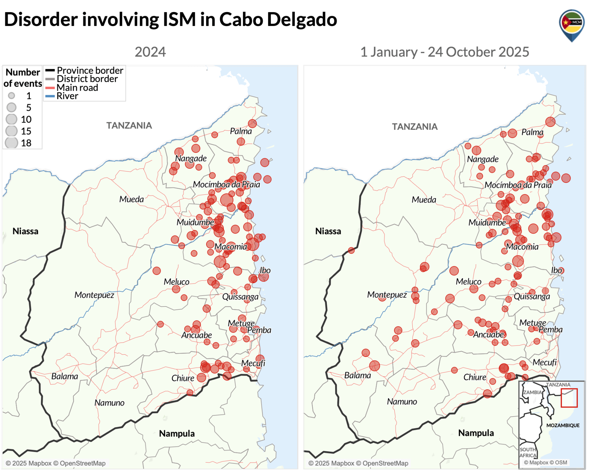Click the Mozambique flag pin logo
click(572, 25)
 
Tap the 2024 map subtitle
click(150, 52)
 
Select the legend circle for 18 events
click(11, 143)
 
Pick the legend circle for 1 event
click(11, 96)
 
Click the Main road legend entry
click(77, 88)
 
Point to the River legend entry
click(67, 96)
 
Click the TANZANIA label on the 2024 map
click(129, 126)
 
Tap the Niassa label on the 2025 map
click(328, 231)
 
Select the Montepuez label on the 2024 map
click(94, 295)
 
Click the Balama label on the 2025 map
click(357, 375)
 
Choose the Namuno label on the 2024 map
click(109, 403)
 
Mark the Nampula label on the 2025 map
click(476, 433)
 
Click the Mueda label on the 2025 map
click(424, 200)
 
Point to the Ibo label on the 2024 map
click(265, 270)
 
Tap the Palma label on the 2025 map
click(532, 132)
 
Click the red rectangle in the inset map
click(569, 398)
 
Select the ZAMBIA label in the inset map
click(532, 392)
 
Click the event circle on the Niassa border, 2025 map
click(351, 250)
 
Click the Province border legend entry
click(90, 70)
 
